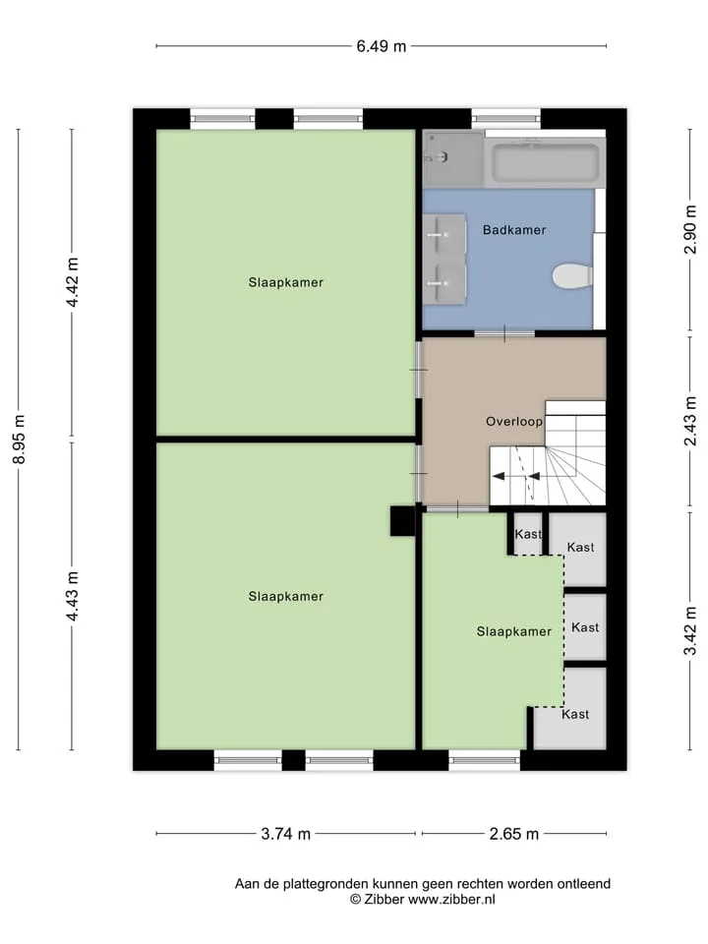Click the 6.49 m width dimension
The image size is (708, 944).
pos(382,46)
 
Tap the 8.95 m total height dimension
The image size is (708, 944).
pos(20,440)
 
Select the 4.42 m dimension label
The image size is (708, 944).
pos(72,282)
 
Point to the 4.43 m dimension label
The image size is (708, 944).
pos(72,596)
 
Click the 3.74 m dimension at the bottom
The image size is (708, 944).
pos(286,834)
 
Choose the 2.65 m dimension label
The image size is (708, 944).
pos(514,834)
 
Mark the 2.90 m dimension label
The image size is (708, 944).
pos(690,229)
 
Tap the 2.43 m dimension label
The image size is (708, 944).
pos(690,421)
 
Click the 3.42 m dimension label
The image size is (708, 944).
pos(690,630)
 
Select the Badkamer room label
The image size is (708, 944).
pos(514,230)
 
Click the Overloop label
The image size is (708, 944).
pos(514,422)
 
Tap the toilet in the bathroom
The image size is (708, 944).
pos(572,276)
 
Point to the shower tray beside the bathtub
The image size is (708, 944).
pos(452,159)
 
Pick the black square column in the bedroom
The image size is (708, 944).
pos(403,521)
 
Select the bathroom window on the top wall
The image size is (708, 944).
pos(505,119)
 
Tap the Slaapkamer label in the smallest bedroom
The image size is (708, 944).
pos(514,631)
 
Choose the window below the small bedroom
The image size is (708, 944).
pos(484,760)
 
